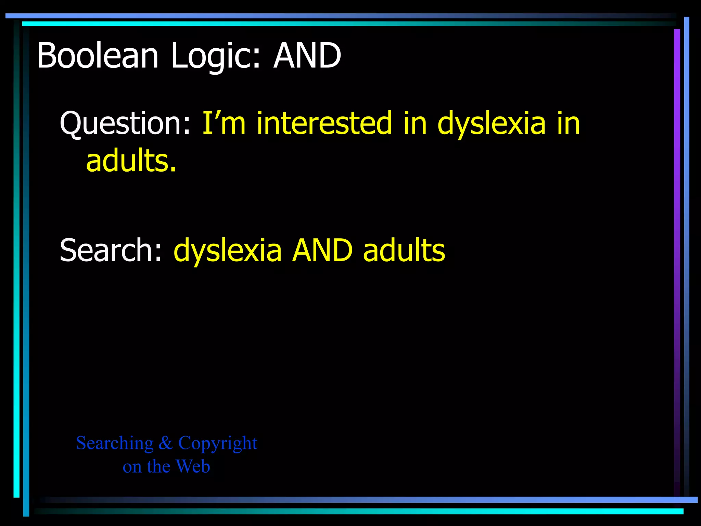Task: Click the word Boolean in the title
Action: (x=98, y=55)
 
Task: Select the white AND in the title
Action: (x=307, y=55)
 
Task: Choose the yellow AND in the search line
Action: (x=322, y=250)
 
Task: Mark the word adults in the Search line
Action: (x=404, y=250)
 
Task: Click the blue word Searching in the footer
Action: (x=115, y=443)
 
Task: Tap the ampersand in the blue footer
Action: (x=166, y=443)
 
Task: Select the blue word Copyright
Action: (x=218, y=443)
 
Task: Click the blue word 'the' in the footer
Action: (x=158, y=466)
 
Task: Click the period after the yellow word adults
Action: (x=173, y=169)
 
